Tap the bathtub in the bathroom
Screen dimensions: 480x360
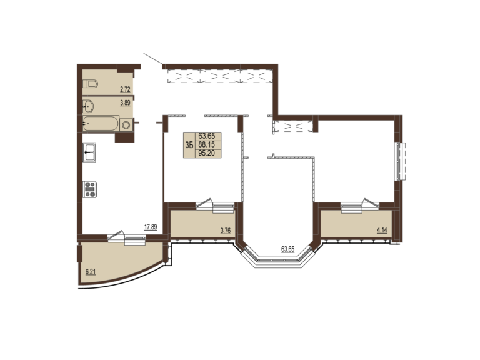click(101, 123)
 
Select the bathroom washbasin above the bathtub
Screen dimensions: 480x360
click(89, 106)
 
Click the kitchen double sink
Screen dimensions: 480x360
click(90, 152)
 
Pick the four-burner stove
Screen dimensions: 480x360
click(90, 189)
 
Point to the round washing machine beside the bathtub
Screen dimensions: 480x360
click(126, 124)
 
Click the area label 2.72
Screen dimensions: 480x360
click(125, 90)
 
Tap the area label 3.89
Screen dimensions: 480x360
click(125, 103)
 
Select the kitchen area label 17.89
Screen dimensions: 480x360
click(151, 227)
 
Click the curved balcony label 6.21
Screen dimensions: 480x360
click(91, 272)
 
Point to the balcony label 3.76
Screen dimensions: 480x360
click(226, 231)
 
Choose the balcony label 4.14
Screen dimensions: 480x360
click(382, 230)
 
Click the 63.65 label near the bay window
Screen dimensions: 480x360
click(287, 249)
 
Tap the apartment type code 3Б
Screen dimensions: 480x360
click(189, 145)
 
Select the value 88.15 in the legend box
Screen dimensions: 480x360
click(207, 144)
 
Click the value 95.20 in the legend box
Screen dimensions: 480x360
click(207, 153)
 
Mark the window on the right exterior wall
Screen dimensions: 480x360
click(400, 161)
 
